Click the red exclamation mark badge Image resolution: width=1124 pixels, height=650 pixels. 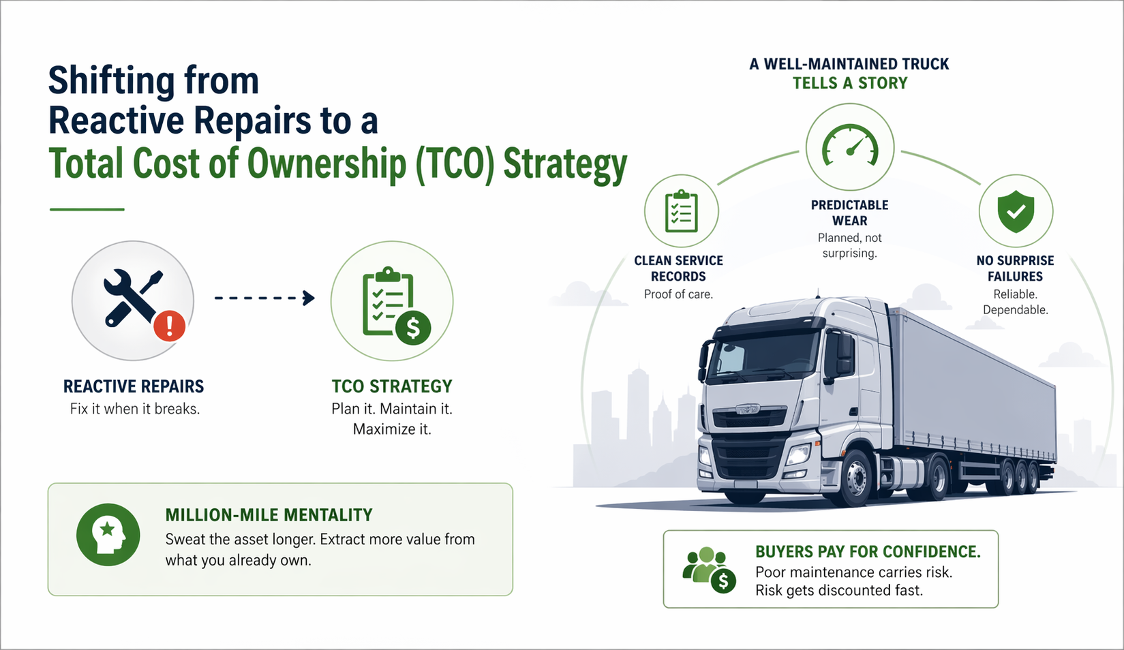click(170, 326)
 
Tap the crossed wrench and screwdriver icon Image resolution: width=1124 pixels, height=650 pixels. click(132, 297)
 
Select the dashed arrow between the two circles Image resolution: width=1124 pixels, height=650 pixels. click(264, 298)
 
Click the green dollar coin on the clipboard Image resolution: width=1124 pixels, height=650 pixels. click(413, 328)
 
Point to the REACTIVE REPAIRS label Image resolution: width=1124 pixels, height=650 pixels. click(134, 386)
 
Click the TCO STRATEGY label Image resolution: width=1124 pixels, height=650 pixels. click(392, 386)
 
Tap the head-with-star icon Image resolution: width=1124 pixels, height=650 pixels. click(108, 535)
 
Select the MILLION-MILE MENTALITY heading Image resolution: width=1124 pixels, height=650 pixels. click(269, 515)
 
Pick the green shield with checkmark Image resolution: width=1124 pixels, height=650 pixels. click(1016, 211)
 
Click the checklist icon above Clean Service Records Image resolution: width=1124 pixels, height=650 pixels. click(681, 211)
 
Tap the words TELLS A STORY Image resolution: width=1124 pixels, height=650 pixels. click(850, 83)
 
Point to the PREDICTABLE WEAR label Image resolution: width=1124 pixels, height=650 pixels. click(849, 213)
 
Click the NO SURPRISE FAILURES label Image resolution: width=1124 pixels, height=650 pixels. click(1015, 268)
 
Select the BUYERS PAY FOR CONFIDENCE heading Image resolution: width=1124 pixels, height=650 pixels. click(868, 552)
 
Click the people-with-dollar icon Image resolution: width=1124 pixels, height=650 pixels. click(710, 569)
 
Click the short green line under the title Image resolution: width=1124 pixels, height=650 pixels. click(87, 209)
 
